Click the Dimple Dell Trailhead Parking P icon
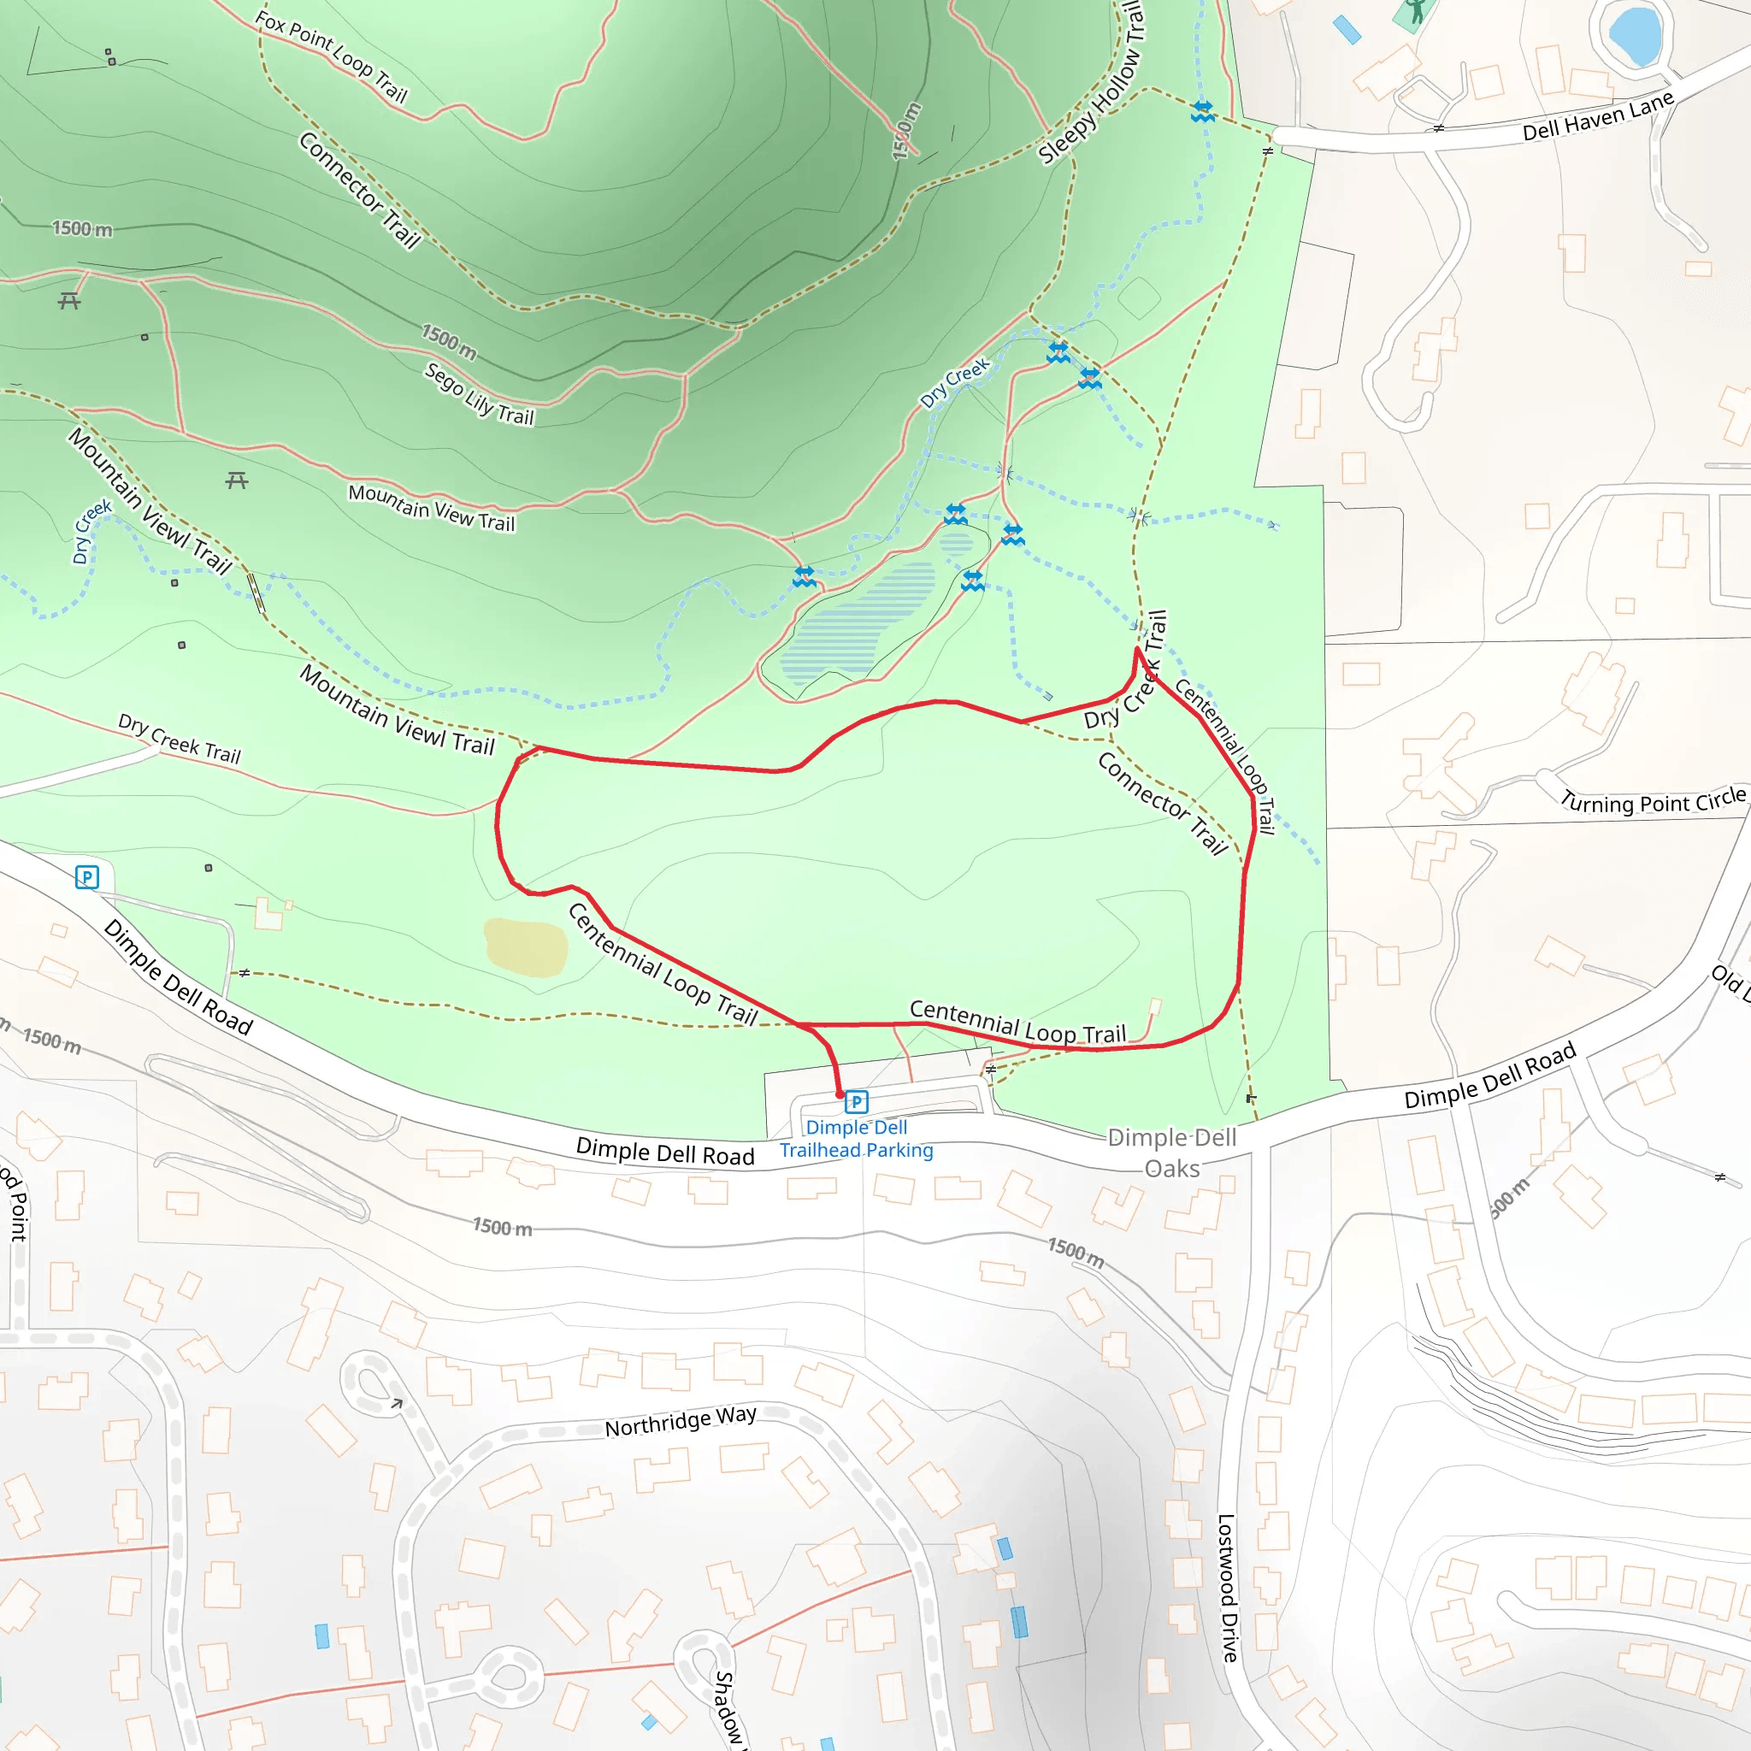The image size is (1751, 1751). (856, 1102)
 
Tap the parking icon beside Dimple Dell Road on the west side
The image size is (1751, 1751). (87, 876)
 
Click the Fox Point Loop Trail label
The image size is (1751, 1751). (331, 56)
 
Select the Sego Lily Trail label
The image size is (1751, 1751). (480, 394)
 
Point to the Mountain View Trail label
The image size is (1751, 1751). (432, 508)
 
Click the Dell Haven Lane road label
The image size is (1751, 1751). (1597, 119)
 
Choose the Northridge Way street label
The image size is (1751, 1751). (680, 1421)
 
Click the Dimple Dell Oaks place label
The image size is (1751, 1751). (1172, 1153)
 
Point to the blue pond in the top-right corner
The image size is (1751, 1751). (1635, 32)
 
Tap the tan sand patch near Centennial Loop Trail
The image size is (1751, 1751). (526, 947)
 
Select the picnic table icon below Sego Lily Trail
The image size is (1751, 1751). (237, 480)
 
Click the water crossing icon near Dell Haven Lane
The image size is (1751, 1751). (1203, 111)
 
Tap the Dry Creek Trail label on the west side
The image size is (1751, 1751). (180, 740)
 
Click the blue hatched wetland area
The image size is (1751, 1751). (857, 621)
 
